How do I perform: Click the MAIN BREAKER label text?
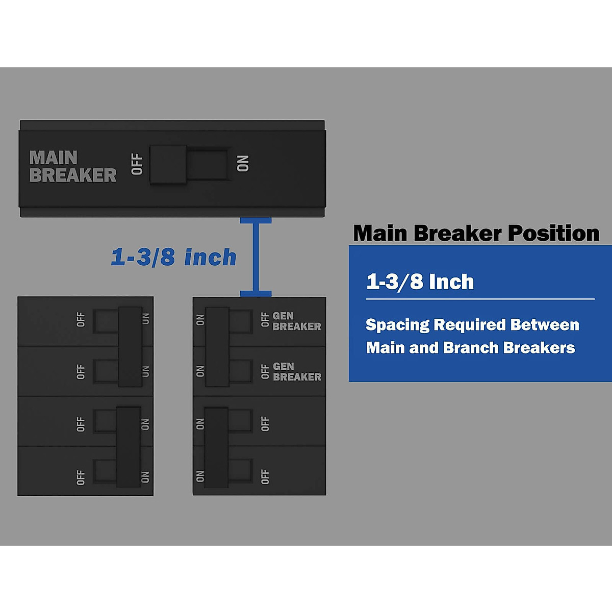(72, 166)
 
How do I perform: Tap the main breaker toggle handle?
(168, 164)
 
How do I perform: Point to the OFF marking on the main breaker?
(137, 164)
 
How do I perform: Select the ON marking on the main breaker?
(243, 164)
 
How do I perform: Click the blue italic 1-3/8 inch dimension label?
(173, 258)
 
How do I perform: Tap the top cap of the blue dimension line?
(256, 220)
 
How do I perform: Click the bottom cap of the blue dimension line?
(256, 294)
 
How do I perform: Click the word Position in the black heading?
(553, 234)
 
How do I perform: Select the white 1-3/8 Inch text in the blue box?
(420, 282)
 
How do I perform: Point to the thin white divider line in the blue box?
(480, 299)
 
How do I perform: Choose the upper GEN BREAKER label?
(296, 321)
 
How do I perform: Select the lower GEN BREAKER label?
(297, 372)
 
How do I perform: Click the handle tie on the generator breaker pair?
(217, 346)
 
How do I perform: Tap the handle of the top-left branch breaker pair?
(131, 346)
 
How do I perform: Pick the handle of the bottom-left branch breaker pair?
(128, 447)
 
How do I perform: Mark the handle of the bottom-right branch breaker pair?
(216, 447)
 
